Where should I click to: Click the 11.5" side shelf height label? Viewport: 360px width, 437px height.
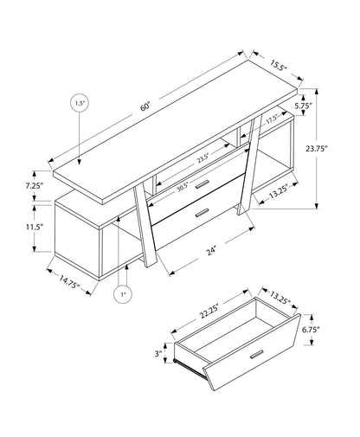pos(22,227)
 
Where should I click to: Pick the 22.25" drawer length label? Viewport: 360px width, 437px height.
pos(209,309)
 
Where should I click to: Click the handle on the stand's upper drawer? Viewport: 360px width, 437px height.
pos(202,183)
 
